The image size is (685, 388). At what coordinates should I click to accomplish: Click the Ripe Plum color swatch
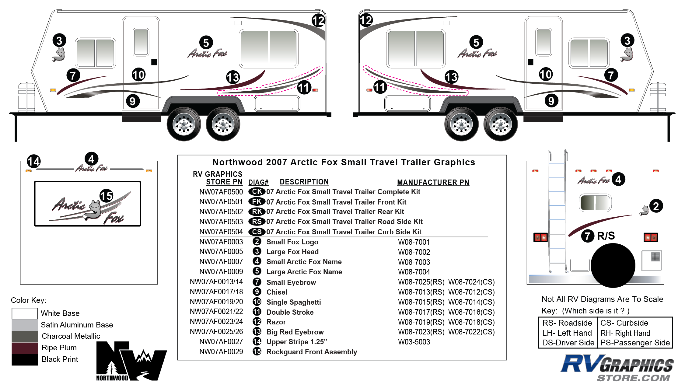pyautogui.click(x=25, y=348)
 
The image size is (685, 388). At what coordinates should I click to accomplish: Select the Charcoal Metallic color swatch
pyautogui.click(x=25, y=336)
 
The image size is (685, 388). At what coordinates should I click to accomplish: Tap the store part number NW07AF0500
pyautogui.click(x=221, y=192)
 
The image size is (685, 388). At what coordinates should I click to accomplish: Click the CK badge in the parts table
pyautogui.click(x=257, y=192)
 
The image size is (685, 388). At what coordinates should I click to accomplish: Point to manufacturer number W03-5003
pyautogui.click(x=414, y=342)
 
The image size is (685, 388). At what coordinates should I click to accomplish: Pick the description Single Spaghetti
pyautogui.click(x=293, y=302)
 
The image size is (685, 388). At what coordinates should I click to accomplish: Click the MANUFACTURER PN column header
pyautogui.click(x=433, y=182)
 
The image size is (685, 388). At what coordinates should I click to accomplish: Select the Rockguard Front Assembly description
pyautogui.click(x=312, y=352)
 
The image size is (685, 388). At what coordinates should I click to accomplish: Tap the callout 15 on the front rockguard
pyautogui.click(x=106, y=196)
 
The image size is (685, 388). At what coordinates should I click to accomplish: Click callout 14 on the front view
pyautogui.click(x=33, y=161)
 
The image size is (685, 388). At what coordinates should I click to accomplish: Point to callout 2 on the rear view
pyautogui.click(x=656, y=206)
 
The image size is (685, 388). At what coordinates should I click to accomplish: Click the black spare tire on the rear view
pyautogui.click(x=613, y=265)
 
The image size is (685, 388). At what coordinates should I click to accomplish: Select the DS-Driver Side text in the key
pyautogui.click(x=568, y=343)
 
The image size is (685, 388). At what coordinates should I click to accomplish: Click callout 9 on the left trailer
pyautogui.click(x=132, y=101)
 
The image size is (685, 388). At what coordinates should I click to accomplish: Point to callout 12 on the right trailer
pyautogui.click(x=366, y=20)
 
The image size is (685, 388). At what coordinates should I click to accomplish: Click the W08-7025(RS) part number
pyautogui.click(x=421, y=282)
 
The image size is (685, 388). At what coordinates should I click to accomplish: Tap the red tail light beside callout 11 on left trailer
pyautogui.click(x=315, y=90)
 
